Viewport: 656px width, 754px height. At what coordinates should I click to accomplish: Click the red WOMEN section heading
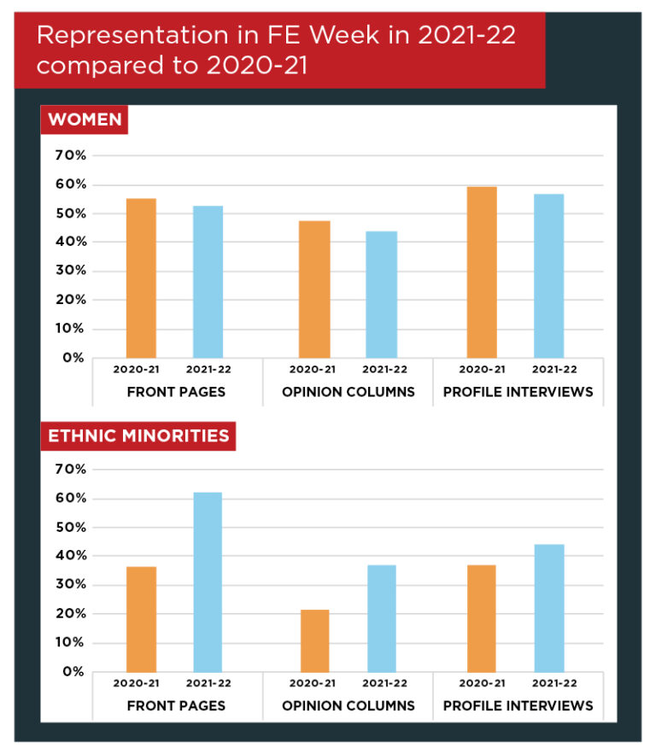[85, 120]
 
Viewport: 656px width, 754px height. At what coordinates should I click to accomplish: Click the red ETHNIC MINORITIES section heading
[138, 435]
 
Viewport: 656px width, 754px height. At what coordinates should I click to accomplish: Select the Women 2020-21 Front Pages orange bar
[141, 278]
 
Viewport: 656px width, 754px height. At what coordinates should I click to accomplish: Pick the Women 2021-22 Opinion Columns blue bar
[381, 294]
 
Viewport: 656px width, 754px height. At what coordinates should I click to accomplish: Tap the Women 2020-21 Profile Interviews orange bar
[482, 272]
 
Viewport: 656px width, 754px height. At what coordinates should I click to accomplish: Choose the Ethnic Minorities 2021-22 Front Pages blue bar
[208, 582]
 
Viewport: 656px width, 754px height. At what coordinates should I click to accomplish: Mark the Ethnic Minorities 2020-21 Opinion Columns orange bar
[314, 640]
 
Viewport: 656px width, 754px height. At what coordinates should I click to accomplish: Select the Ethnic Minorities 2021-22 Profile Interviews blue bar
[549, 608]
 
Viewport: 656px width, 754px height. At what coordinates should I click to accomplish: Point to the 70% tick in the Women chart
[70, 155]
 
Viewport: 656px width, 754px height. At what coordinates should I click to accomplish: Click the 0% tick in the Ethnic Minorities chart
[73, 672]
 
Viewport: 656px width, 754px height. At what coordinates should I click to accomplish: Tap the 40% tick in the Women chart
[70, 243]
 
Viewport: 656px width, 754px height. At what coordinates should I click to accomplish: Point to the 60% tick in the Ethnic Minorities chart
[70, 499]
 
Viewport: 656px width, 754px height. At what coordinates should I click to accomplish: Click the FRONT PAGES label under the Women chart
[176, 392]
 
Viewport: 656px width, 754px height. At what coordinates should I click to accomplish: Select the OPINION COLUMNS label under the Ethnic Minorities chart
[348, 706]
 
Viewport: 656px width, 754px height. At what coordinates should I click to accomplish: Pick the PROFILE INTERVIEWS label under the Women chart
[518, 392]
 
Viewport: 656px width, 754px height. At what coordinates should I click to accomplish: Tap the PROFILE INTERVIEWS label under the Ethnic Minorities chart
[518, 706]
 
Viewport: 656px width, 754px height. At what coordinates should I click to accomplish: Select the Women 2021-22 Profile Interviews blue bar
[549, 275]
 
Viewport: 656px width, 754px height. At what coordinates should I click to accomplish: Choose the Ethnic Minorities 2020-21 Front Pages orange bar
[141, 619]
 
